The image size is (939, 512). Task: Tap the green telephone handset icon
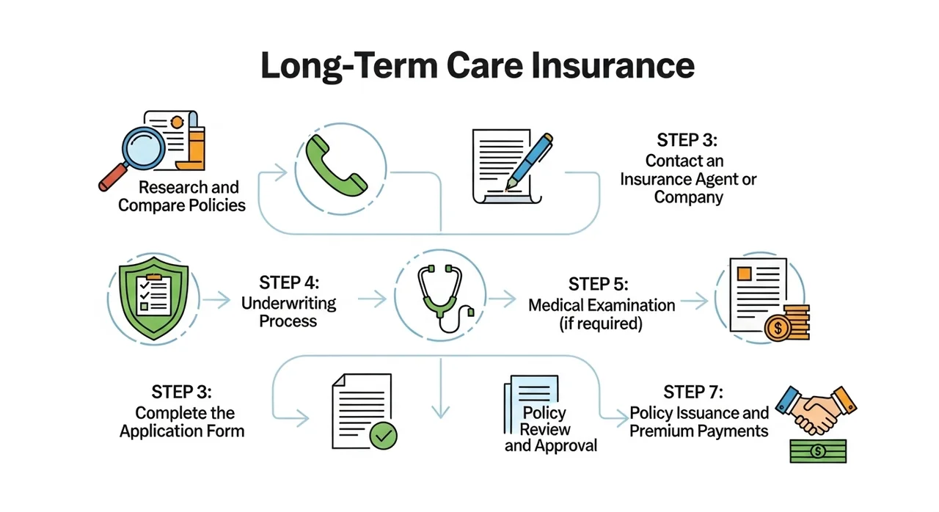point(337,166)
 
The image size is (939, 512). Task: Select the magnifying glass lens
point(143,148)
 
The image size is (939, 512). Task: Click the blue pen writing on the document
point(529,161)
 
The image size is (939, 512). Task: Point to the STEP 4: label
point(289,282)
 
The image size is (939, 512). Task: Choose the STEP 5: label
point(599,284)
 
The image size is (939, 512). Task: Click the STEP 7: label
point(693,392)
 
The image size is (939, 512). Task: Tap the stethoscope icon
point(445,298)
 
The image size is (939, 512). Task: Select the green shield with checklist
point(154,299)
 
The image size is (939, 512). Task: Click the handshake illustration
point(816,410)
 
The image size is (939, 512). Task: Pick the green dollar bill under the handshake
point(818,451)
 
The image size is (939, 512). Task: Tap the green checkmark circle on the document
point(383,436)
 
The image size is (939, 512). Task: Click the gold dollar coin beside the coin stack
point(778,328)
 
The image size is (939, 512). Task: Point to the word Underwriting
point(289,303)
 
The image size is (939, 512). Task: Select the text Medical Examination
point(602,305)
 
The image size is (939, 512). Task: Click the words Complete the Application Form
point(183,422)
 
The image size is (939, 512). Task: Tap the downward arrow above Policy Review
point(441,388)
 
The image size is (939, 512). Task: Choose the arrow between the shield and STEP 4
point(216,299)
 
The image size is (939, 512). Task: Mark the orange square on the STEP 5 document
point(744,274)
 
